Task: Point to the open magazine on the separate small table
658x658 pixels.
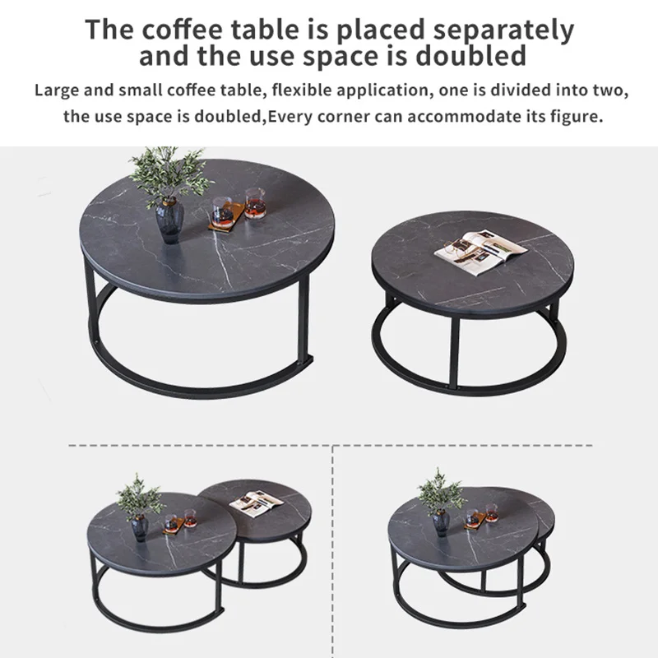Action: [x=479, y=248]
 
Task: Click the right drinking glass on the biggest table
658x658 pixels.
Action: [x=255, y=202]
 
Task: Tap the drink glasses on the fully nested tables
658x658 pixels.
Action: [x=482, y=517]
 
